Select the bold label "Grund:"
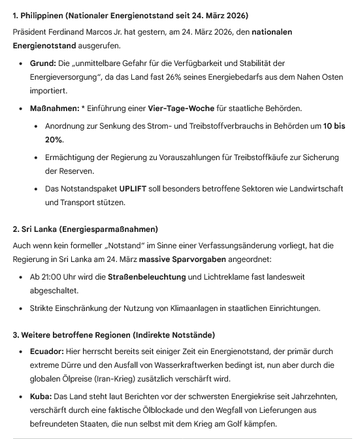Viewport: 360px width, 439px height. coord(42,63)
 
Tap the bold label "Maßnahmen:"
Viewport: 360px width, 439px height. coord(56,108)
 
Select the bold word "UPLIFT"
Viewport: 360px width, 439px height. coord(135,188)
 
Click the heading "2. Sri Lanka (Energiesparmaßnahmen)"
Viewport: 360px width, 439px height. coord(86,229)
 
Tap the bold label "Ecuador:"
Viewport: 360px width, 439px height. coord(46,351)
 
